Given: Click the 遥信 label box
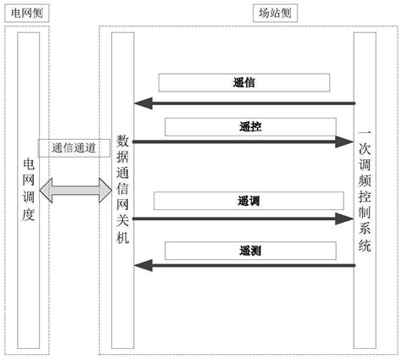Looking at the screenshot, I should pos(244,83).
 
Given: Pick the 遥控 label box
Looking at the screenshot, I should pos(250,126).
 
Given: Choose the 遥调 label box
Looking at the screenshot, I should pos(248,202).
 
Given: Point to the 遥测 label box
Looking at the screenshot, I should pos(250,251).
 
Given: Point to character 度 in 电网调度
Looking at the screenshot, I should pos(28,214).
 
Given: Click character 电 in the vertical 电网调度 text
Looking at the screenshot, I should pos(28,161).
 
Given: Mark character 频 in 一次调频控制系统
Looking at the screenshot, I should pos(365,181).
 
